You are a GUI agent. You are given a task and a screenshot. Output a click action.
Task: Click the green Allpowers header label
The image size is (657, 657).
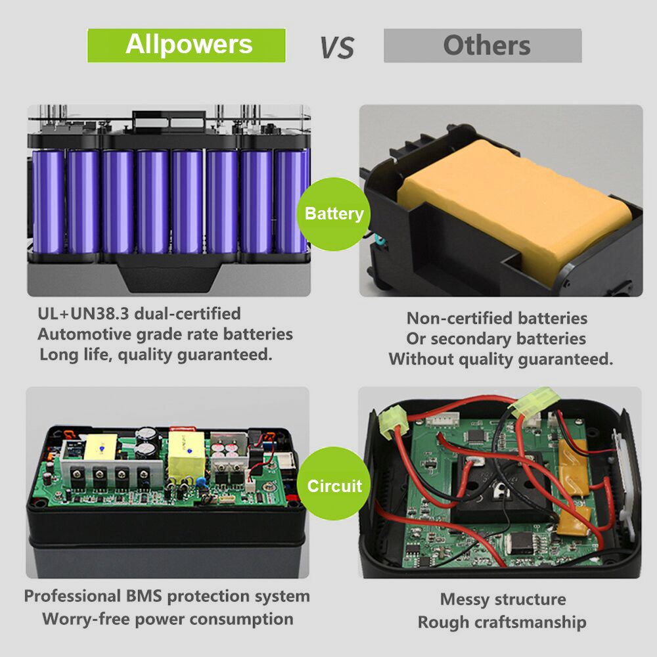click(x=187, y=45)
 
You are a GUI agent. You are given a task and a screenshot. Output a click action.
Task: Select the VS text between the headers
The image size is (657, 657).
click(x=336, y=47)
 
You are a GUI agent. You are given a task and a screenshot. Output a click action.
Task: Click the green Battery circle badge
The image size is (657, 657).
click(x=334, y=214)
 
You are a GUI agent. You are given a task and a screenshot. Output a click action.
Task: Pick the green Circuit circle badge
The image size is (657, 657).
click(x=334, y=486)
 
